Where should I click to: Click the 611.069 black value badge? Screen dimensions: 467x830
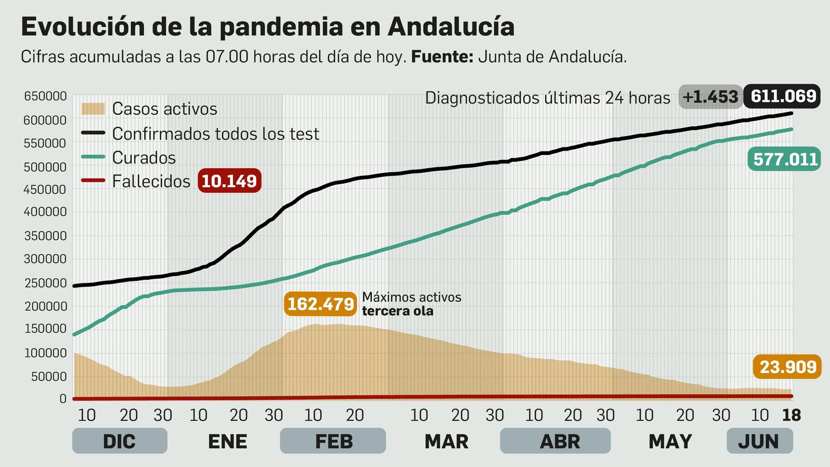click(x=782, y=96)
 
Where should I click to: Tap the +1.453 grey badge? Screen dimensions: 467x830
click(x=710, y=97)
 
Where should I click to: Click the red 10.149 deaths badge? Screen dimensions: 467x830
click(x=229, y=181)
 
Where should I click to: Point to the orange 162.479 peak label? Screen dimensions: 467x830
click(x=320, y=304)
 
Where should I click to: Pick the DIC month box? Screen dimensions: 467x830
click(x=119, y=441)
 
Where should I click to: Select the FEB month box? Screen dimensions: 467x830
click(x=333, y=441)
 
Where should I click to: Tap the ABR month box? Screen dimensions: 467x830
click(x=555, y=441)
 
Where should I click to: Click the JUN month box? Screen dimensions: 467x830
click(x=759, y=441)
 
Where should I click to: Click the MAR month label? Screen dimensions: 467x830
click(x=446, y=442)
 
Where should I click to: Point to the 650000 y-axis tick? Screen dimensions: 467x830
click(x=45, y=97)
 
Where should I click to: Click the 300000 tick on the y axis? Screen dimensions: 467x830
click(x=45, y=259)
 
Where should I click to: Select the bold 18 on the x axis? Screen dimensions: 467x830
click(x=791, y=415)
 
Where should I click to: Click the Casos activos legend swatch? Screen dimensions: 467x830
click(x=93, y=108)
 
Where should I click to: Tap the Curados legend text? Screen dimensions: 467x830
click(x=144, y=158)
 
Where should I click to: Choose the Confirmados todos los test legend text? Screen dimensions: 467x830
click(x=215, y=134)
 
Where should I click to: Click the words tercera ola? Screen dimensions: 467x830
click(x=397, y=311)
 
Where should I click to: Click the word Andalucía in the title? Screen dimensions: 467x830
click(x=451, y=27)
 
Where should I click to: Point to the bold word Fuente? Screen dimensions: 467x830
click(x=442, y=57)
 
